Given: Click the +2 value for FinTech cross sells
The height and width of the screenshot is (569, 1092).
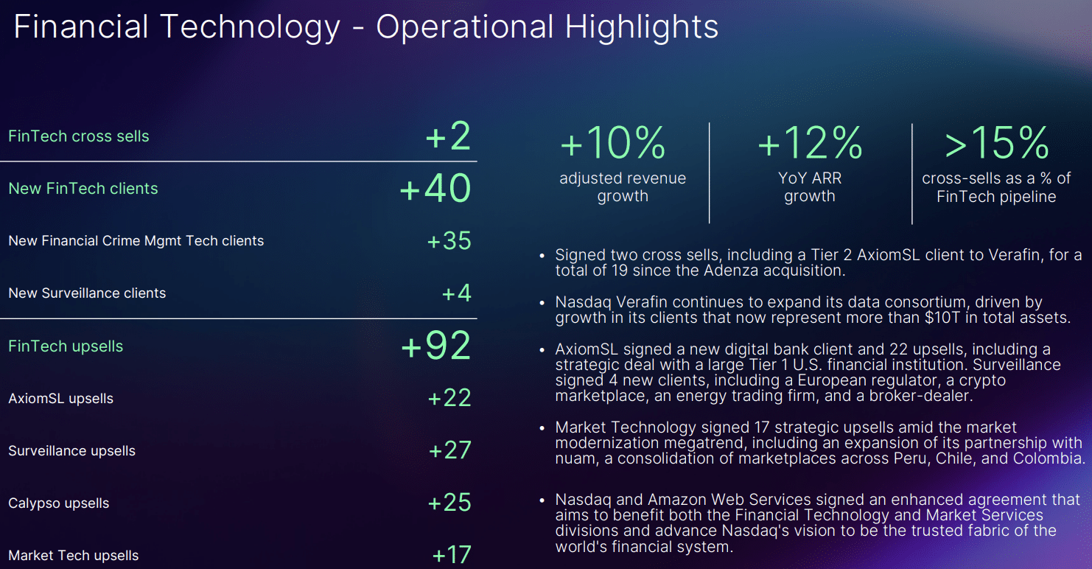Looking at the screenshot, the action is (x=449, y=136).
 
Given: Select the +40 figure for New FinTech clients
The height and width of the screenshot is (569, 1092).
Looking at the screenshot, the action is (x=435, y=189).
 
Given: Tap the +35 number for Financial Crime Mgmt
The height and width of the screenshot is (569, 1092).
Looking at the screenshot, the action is (x=449, y=241).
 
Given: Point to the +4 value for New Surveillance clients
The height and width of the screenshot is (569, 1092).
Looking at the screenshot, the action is (x=456, y=293).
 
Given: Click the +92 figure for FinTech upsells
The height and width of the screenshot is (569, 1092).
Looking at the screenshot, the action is (x=435, y=346).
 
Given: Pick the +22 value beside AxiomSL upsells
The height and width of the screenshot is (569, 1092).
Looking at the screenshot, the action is (x=449, y=398).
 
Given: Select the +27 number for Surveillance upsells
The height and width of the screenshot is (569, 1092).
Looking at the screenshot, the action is (x=450, y=450).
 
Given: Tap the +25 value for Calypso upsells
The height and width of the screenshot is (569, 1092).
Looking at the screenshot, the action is (x=449, y=502).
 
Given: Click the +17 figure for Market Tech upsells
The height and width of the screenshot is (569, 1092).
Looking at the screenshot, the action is (x=452, y=555).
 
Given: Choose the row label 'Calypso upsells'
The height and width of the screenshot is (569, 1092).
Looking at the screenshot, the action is (x=58, y=503).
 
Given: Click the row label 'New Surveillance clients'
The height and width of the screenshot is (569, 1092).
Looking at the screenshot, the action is (x=87, y=293).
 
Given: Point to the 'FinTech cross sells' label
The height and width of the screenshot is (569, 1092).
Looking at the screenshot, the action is (x=79, y=136).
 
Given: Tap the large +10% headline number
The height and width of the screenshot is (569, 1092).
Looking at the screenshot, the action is (x=613, y=142).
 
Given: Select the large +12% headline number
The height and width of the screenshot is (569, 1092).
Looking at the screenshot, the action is (x=811, y=142).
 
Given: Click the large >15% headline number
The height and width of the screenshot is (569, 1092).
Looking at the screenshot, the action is (x=996, y=142).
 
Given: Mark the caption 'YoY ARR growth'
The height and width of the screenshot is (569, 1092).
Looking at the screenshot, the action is (x=810, y=187).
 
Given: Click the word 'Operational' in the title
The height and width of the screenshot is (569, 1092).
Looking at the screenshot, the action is (x=465, y=27).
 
